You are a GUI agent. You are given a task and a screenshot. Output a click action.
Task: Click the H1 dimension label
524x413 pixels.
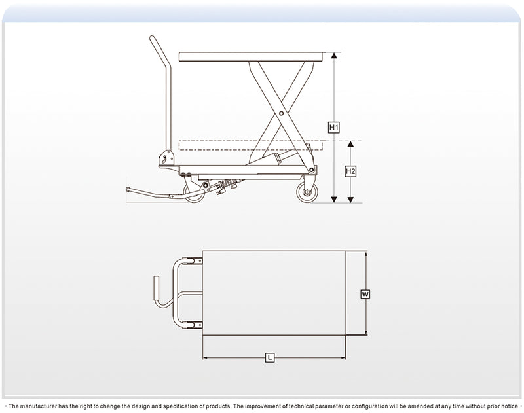click(x=334, y=127)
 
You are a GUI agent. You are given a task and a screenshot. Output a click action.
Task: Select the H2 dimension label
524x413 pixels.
click(x=350, y=171)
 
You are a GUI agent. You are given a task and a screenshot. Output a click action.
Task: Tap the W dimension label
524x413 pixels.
click(x=365, y=295)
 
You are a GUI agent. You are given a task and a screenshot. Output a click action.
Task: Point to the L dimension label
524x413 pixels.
click(x=270, y=358)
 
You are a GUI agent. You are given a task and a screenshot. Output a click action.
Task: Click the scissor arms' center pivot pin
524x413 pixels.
click(x=282, y=113)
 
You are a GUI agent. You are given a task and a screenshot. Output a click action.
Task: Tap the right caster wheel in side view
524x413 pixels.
click(x=307, y=192)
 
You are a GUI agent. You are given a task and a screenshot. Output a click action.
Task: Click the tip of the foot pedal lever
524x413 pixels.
click(x=128, y=189)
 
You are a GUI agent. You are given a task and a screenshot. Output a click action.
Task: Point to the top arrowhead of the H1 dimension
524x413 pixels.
click(x=334, y=56)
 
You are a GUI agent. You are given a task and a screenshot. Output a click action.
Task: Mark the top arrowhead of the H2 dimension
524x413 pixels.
click(x=350, y=144)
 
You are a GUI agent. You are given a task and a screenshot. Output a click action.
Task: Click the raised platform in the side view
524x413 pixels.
click(x=252, y=57)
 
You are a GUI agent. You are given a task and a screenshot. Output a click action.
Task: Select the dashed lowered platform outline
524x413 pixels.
click(x=251, y=145)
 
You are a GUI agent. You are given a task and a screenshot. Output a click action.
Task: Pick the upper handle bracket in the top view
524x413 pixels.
click(x=193, y=260)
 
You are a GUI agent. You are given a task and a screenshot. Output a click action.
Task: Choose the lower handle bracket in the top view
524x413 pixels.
click(x=193, y=325)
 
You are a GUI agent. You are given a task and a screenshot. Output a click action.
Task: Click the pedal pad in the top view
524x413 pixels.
click(x=157, y=287)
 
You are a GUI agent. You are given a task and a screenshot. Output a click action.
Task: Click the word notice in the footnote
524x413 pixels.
click(x=510, y=406)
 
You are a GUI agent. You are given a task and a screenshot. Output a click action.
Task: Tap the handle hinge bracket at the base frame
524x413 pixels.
click(x=167, y=158)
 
